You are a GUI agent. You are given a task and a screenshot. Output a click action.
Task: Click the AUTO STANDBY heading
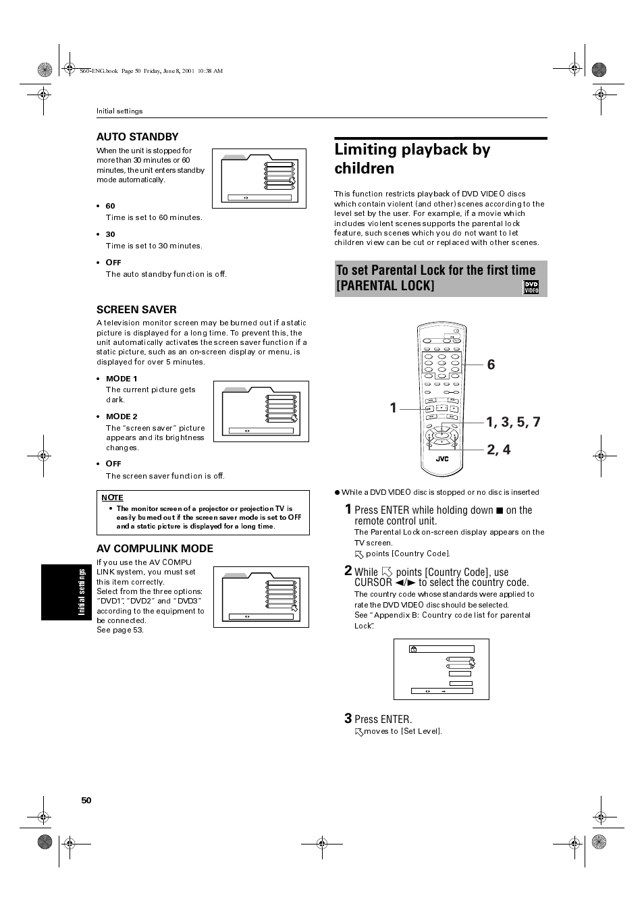(137, 136)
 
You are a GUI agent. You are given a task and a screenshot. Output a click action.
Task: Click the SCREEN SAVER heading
(136, 309)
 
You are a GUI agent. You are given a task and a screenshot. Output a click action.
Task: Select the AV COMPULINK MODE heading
(155, 548)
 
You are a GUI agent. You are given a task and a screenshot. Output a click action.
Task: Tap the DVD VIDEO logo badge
(531, 288)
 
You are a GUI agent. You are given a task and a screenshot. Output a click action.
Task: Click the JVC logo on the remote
(441, 459)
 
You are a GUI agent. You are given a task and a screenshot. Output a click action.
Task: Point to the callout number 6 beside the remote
(491, 365)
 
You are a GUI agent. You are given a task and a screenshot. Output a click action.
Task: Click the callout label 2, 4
(499, 450)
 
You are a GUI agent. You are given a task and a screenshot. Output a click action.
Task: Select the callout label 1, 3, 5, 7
(513, 422)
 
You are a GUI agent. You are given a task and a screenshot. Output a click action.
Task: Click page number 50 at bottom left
(86, 800)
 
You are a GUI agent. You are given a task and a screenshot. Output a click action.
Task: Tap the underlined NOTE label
(112, 498)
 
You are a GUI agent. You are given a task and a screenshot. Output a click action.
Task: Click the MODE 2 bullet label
(122, 417)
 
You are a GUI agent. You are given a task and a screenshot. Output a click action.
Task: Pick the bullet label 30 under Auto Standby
(110, 234)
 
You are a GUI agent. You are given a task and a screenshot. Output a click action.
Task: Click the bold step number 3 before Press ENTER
(348, 718)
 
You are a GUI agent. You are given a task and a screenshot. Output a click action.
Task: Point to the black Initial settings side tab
(66, 592)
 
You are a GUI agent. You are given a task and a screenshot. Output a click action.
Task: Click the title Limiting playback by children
(412, 159)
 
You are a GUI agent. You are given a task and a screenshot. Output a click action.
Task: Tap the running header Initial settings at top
(119, 111)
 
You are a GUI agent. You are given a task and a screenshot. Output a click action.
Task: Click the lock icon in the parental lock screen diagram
(413, 649)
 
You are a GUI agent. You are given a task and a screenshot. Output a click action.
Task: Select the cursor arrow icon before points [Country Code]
(359, 554)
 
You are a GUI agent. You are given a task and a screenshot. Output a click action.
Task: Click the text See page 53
(120, 630)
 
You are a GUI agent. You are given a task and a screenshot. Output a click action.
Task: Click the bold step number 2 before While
(348, 570)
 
